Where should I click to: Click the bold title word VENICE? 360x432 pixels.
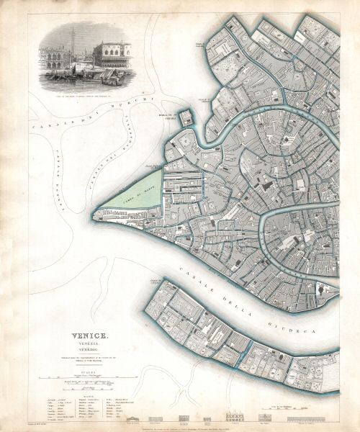point(89,336)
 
